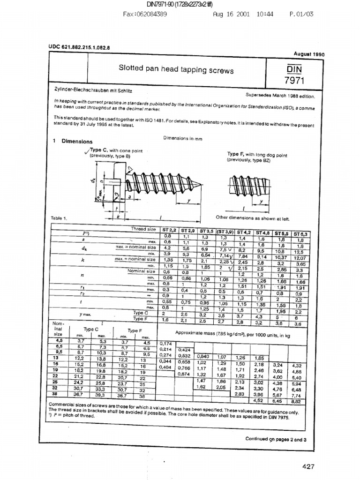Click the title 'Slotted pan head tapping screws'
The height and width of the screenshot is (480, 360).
176,70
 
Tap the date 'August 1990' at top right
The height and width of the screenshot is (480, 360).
309,54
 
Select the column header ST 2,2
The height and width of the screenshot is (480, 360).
170,230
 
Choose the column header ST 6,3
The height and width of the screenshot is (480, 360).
300,233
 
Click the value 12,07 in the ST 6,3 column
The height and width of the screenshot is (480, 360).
300,258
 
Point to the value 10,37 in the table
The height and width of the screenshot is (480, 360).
281,257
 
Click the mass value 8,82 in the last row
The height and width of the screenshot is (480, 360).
296,401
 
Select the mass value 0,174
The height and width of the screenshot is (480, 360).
166,344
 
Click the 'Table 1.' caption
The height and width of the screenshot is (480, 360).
59,218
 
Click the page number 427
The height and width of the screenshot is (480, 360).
308,466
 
